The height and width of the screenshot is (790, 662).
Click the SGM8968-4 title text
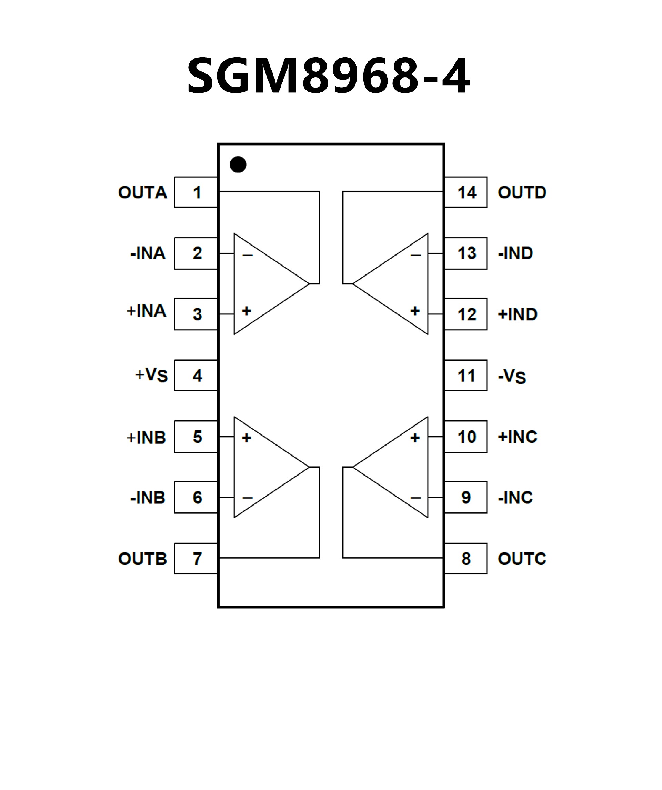tap(328, 75)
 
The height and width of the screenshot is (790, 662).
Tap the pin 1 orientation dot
tap(238, 164)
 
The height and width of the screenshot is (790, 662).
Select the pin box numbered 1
tap(196, 192)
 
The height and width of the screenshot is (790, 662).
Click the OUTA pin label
tap(142, 192)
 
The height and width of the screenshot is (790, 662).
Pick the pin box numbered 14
tap(466, 192)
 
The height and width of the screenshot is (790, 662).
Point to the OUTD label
tap(522, 192)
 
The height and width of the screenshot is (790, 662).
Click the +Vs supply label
tap(151, 375)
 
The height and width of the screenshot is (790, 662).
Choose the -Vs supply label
tap(512, 376)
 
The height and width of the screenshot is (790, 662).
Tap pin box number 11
tap(466, 376)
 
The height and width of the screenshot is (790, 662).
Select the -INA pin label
tap(148, 253)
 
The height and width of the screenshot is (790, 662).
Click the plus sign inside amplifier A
tap(247, 311)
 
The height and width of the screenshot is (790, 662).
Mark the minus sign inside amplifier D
tap(415, 256)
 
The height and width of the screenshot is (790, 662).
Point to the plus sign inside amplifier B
tap(247, 438)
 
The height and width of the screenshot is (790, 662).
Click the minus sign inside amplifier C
tap(415, 498)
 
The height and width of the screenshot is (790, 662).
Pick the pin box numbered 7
tap(196, 559)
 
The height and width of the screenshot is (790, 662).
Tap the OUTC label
tap(522, 559)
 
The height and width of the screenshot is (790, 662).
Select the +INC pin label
tap(517, 437)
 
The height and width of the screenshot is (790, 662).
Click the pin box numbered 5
tap(196, 437)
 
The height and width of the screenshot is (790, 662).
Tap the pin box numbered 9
tap(466, 498)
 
